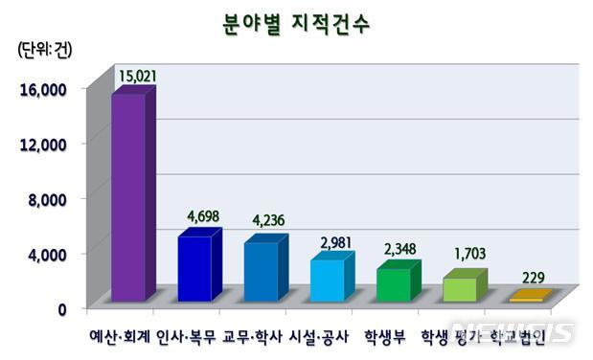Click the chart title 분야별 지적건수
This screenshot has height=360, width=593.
click(x=296, y=20)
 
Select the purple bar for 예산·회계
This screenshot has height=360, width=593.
click(x=129, y=196)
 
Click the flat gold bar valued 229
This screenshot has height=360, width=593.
click(x=529, y=298)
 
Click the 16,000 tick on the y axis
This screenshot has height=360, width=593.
click(x=40, y=89)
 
